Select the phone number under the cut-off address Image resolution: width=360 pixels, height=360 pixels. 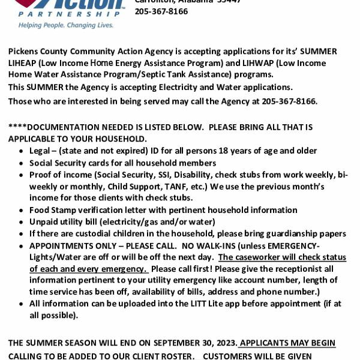coord(161,11)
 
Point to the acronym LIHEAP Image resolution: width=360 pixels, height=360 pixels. coord(22,63)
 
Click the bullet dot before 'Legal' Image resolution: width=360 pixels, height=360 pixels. coord(22,151)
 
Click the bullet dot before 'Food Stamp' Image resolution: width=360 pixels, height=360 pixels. coord(22,211)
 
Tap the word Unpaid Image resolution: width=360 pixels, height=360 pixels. coord(44,222)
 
